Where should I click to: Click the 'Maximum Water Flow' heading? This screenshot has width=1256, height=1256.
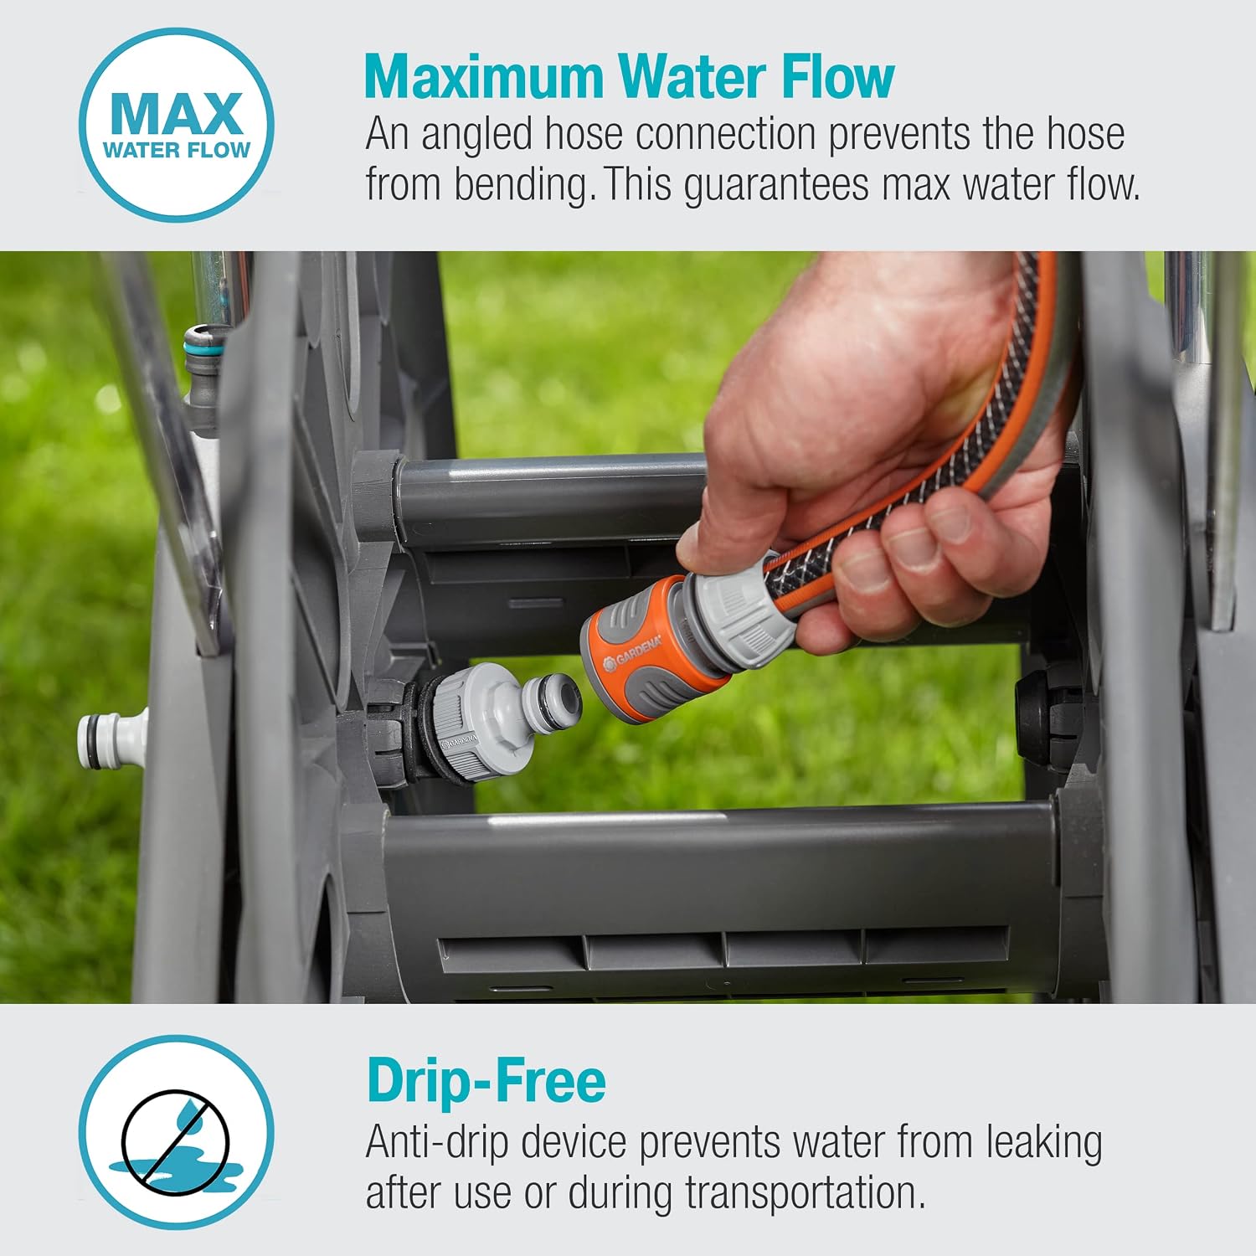click(x=629, y=77)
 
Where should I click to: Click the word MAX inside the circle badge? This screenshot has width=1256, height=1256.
click(x=177, y=113)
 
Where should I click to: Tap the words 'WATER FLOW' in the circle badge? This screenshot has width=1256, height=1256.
click(x=177, y=150)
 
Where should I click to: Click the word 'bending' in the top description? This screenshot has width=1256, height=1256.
click(x=525, y=186)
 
